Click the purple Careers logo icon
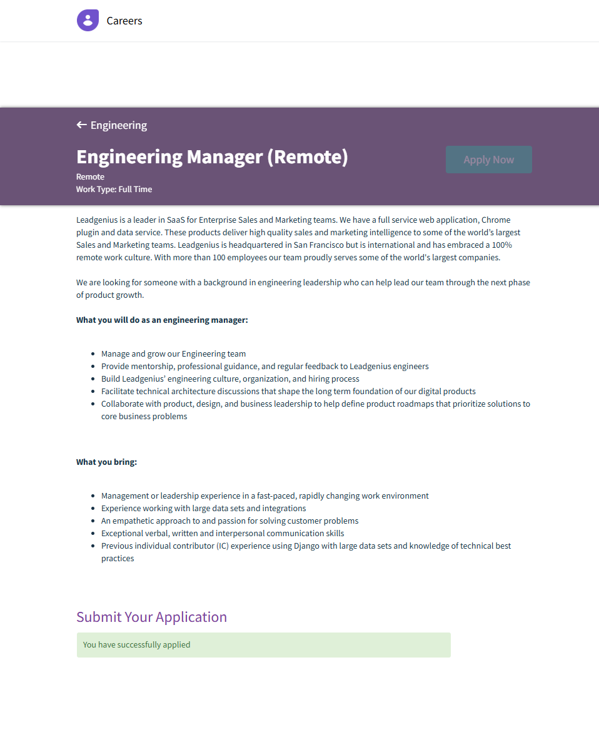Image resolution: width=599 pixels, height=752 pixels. pyautogui.click(x=88, y=21)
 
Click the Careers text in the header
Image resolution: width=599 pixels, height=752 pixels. pyautogui.click(x=124, y=21)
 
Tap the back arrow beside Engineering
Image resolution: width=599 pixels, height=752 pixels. pyautogui.click(x=81, y=125)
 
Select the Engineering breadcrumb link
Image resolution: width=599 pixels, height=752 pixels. pyautogui.click(x=119, y=125)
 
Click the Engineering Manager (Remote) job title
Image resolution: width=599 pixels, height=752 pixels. pyautogui.click(x=212, y=156)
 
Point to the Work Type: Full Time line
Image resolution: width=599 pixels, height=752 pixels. pyautogui.click(x=114, y=189)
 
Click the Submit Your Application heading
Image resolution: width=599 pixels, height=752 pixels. pyautogui.click(x=151, y=617)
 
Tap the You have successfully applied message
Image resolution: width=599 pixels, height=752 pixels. pyautogui.click(x=136, y=644)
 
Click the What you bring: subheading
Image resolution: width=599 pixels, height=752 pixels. pyautogui.click(x=106, y=462)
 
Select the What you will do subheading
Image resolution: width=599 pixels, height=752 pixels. pyautogui.click(x=162, y=320)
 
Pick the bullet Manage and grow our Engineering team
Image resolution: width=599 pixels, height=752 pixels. pyautogui.click(x=173, y=353)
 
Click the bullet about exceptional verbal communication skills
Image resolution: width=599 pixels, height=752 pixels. pyautogui.click(x=223, y=533)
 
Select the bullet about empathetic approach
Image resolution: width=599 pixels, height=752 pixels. pyautogui.click(x=229, y=521)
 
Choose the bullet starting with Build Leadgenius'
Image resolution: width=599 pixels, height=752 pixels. pyautogui.click(x=230, y=379)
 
